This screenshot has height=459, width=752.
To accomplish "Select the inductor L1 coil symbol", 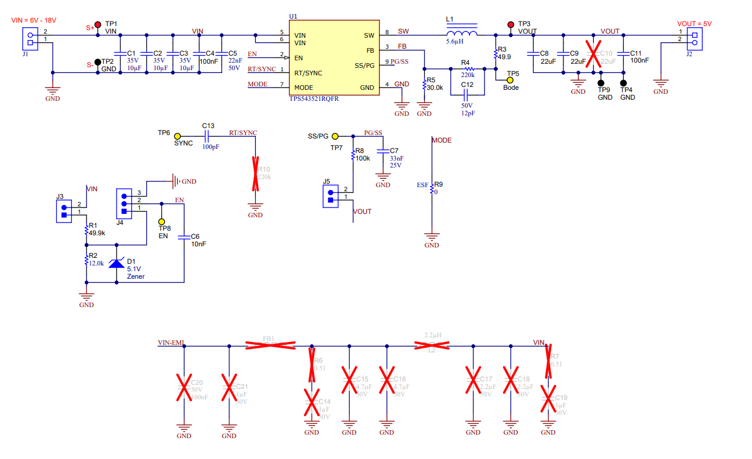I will (462, 33).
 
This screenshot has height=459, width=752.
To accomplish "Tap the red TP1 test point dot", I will (98, 24).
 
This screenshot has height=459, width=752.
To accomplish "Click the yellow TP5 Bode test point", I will (510, 80).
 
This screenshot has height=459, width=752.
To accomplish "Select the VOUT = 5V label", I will (695, 24).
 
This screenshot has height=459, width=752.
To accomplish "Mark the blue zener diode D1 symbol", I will (117, 264).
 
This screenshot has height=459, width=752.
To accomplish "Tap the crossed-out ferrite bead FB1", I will (269, 345).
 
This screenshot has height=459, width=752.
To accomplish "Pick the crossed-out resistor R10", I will (255, 173).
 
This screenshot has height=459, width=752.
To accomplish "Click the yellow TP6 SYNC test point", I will (177, 136).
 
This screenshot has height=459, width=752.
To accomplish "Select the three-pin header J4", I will (124, 203).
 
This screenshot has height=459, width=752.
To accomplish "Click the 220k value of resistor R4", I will (468, 75).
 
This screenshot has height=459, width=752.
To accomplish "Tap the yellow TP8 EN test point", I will (162, 222).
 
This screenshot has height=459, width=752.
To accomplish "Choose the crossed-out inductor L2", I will (432, 346).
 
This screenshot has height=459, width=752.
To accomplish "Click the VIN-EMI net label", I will (171, 343).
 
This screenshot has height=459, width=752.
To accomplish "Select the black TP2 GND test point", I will (98, 61).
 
